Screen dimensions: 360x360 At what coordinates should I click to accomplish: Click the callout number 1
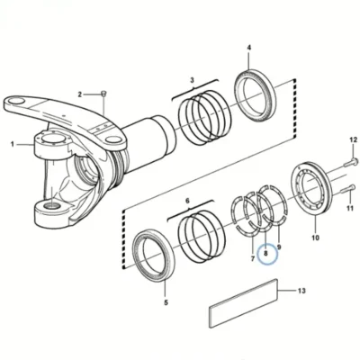click(x=13, y=145)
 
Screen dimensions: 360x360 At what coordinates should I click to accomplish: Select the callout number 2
click(x=80, y=94)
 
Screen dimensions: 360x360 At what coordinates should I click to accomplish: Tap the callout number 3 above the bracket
click(x=193, y=80)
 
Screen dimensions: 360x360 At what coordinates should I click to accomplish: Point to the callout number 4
click(x=249, y=48)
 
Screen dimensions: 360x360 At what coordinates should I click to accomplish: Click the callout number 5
click(x=166, y=302)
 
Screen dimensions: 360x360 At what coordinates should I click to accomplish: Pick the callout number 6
click(x=188, y=201)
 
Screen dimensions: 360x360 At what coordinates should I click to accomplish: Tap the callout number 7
click(x=253, y=258)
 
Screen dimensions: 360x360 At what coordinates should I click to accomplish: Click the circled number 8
click(x=265, y=254)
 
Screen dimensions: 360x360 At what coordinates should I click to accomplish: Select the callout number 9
click(x=279, y=247)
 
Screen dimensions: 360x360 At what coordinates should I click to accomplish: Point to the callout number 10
click(x=315, y=238)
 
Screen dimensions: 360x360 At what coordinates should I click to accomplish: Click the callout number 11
click(x=350, y=208)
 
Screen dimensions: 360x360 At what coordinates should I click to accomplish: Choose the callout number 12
click(x=354, y=139)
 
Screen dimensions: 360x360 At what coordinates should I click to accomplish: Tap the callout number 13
click(x=301, y=291)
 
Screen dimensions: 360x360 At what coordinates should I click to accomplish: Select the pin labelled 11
click(x=348, y=190)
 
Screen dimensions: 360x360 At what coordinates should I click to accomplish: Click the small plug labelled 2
click(x=103, y=93)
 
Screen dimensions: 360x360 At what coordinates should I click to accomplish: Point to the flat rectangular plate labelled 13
click(x=243, y=303)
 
